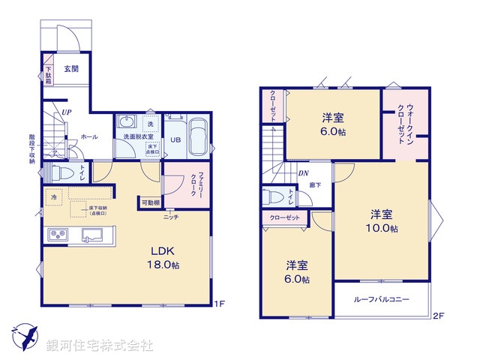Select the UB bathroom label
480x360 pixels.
point(174,139)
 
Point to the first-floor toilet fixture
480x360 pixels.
point(64,172)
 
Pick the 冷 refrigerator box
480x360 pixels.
point(54,197)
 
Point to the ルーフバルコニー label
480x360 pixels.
point(382,299)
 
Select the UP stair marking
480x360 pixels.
point(67,112)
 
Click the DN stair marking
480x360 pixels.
point(304,174)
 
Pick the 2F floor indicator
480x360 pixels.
point(438,316)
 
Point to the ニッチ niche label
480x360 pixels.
point(171,217)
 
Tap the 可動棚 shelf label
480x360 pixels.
point(148,202)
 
